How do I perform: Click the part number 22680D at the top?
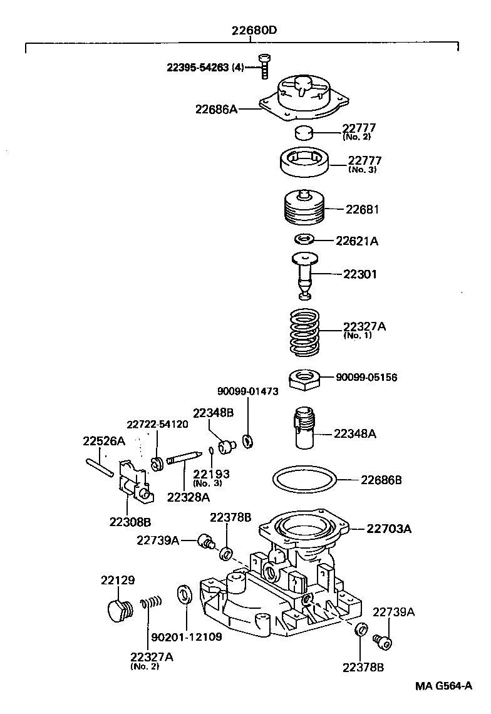[x=251, y=30]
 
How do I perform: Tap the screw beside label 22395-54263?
[x=263, y=66]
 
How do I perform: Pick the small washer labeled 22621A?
[x=304, y=239]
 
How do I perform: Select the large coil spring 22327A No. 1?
[x=304, y=331]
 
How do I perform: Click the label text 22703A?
[x=388, y=529]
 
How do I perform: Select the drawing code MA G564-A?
[x=443, y=685]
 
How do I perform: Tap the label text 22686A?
[x=216, y=109]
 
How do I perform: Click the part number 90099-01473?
[x=247, y=391]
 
